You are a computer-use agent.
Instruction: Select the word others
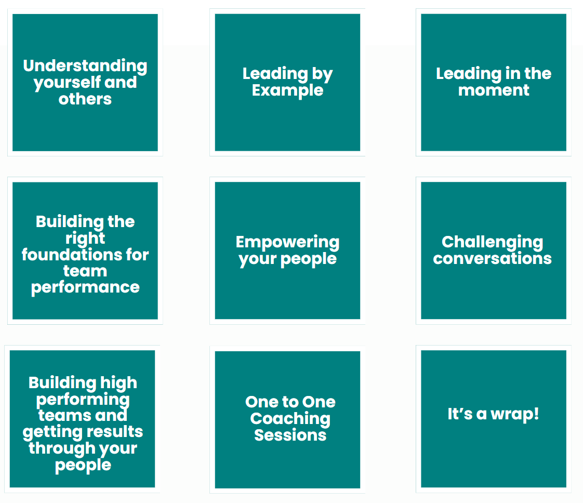(x=85, y=99)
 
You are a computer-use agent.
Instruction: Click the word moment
(x=494, y=90)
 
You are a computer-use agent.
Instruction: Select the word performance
(x=85, y=288)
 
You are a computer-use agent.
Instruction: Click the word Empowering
(x=287, y=243)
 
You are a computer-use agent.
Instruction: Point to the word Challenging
(x=492, y=243)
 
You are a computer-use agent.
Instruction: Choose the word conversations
(x=492, y=259)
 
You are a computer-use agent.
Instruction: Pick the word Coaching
(x=290, y=419)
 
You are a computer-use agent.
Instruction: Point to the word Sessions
(x=290, y=435)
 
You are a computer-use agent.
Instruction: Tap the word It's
(x=460, y=414)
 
